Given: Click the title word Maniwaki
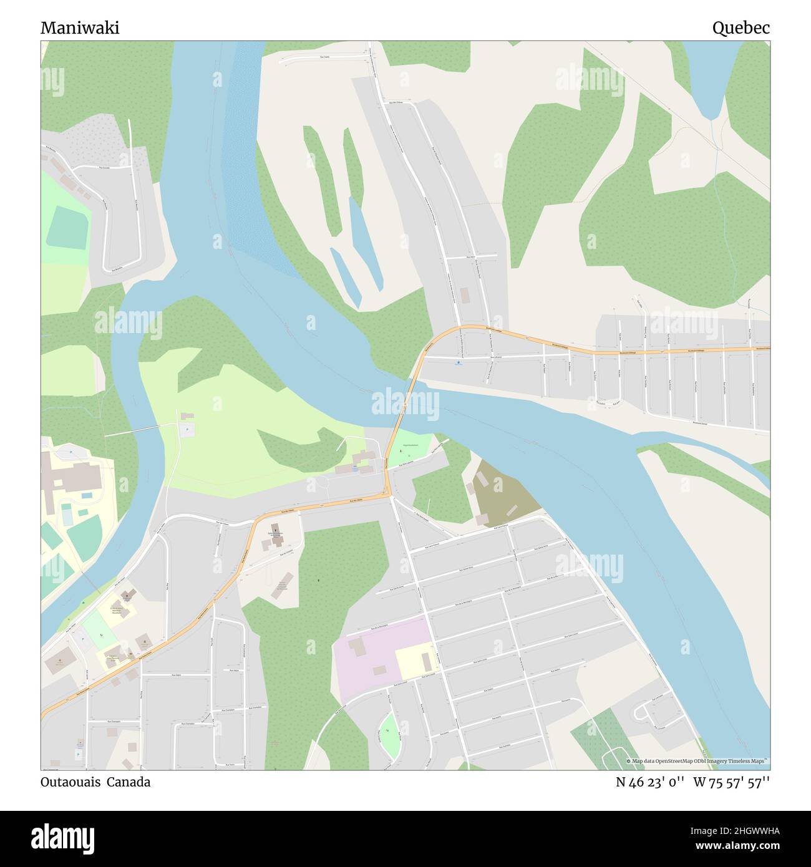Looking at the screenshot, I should click(80, 28).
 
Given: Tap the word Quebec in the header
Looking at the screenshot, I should click(741, 28).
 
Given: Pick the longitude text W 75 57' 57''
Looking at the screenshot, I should click(731, 782).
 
